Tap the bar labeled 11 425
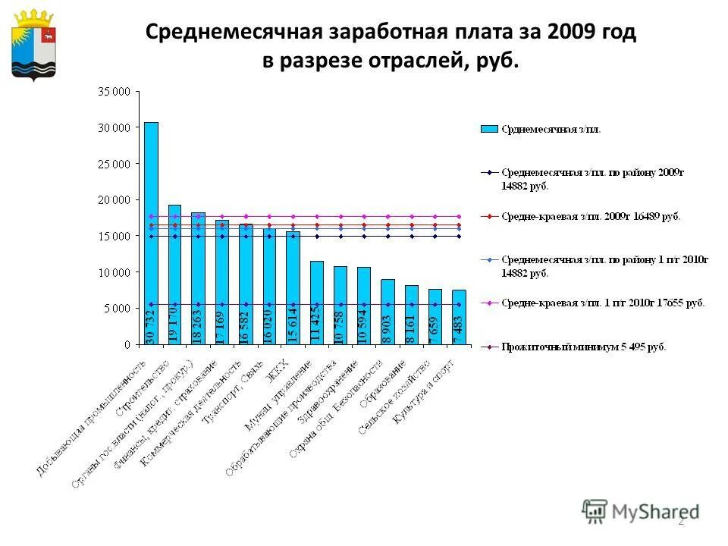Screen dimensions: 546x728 point(316,303)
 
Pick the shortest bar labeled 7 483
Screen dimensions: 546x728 point(459,317)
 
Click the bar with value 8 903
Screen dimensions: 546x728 point(388,312)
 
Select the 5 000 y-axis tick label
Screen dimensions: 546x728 point(117,309)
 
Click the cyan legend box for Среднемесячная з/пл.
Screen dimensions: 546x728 point(490,129)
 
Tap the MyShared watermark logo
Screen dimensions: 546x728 point(641,511)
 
